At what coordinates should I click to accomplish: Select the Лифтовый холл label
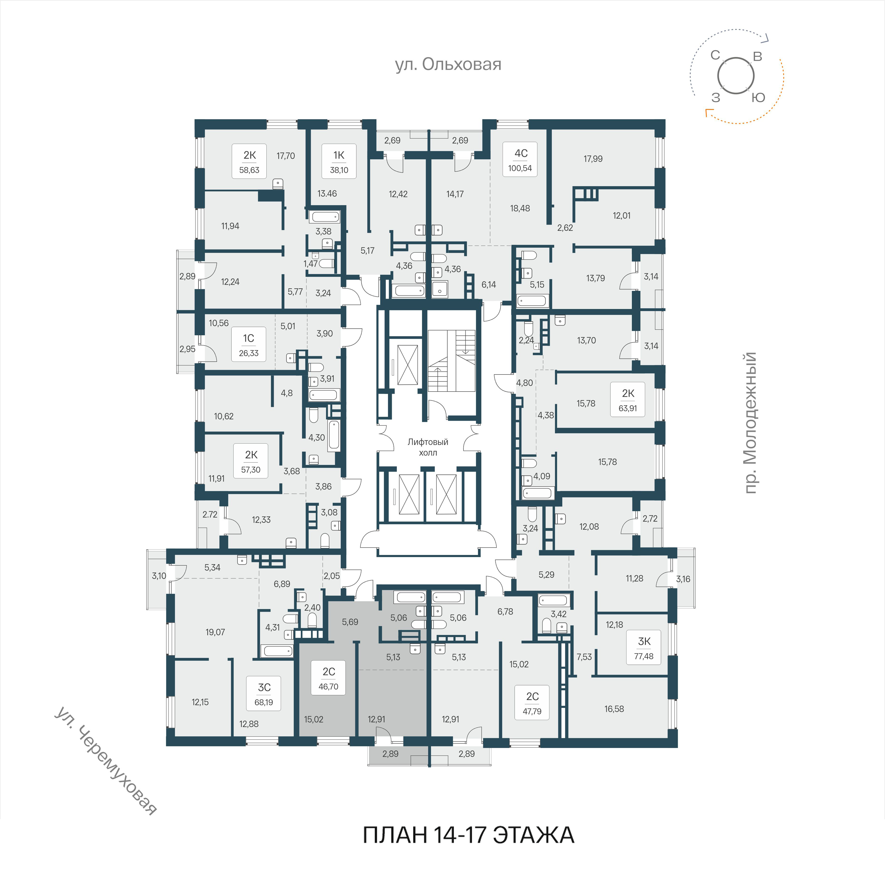428,447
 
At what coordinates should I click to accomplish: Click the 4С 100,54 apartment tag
520,159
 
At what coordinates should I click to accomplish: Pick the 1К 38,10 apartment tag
339,161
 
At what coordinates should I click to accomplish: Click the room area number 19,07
215,632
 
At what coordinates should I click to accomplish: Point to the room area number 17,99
593,159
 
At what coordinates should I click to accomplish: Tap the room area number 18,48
520,208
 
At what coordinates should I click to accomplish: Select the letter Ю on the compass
759,98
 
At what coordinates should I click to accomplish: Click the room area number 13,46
327,194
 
